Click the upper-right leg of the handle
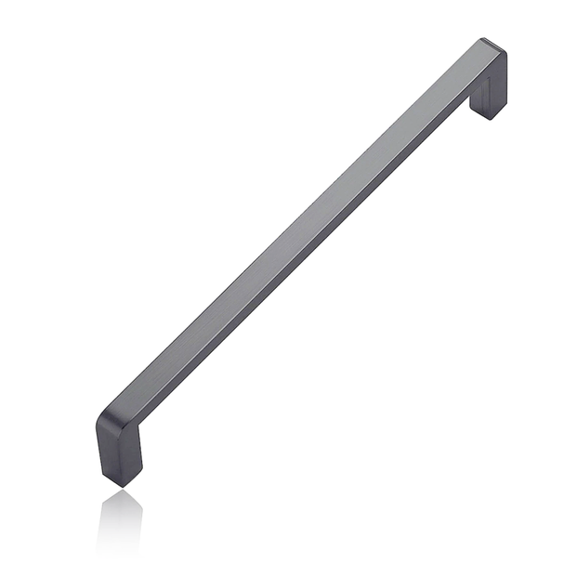(489, 89)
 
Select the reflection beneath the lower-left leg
(121, 520)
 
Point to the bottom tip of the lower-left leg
(121, 485)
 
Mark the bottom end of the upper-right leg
(487, 116)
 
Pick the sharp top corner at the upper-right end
(485, 39)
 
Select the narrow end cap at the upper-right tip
(494, 46)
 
